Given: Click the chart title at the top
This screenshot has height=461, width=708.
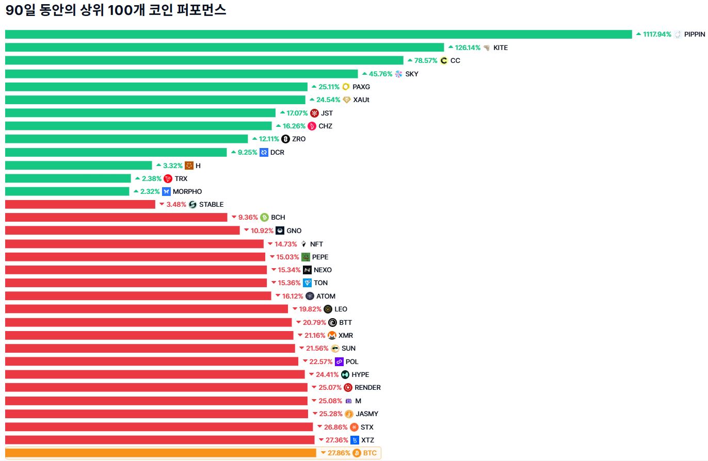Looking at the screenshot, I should (116, 10).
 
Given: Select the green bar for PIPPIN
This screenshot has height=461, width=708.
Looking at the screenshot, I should (318, 35).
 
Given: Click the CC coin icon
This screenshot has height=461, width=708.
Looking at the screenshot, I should (444, 61).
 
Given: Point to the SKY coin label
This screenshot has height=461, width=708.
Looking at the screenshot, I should (412, 74).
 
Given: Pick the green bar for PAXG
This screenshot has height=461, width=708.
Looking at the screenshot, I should (156, 87).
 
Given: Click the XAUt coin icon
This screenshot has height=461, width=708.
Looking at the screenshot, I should (347, 100).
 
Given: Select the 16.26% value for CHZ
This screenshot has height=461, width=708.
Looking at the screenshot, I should (294, 126).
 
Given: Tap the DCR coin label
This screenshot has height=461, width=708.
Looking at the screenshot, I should (277, 153).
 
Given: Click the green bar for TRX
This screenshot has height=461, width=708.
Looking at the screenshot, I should (68, 179).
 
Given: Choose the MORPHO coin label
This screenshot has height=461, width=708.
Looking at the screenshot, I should (187, 192).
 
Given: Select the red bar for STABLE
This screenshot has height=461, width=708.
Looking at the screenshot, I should (80, 205).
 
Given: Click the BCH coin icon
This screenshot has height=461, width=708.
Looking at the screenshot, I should (265, 218).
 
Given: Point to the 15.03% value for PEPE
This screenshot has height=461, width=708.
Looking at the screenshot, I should (288, 257).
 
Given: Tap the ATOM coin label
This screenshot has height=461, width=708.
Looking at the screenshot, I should (326, 297).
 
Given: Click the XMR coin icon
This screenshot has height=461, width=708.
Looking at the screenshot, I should (332, 336).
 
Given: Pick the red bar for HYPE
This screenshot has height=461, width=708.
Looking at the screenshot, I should (155, 375).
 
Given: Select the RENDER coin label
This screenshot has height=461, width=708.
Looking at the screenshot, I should (367, 388).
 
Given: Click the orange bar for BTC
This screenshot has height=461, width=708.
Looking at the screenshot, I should (160, 453).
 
